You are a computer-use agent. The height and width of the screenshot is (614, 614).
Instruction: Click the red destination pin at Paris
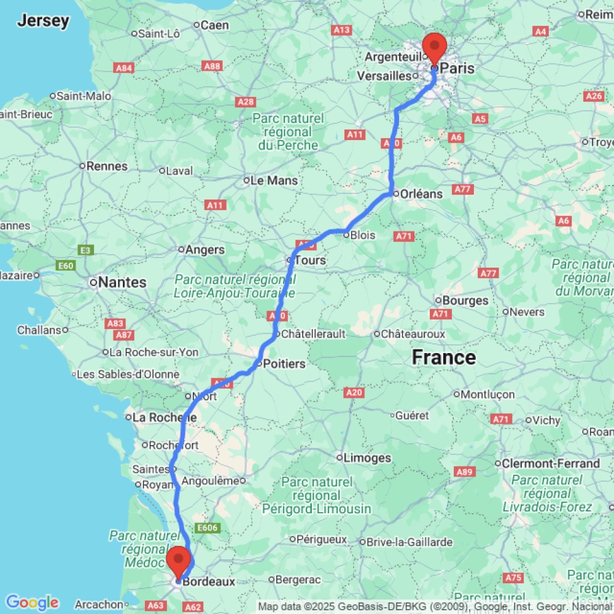[435, 46]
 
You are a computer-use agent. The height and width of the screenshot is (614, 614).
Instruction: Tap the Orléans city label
[421, 193]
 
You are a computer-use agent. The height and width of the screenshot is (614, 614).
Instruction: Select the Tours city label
[309, 260]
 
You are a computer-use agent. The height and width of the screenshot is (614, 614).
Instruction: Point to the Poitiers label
[284, 363]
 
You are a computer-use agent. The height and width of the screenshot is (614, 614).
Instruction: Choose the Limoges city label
[368, 458]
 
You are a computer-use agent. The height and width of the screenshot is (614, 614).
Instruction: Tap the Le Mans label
[274, 181]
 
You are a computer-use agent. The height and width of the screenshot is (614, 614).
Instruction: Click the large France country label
[443, 357]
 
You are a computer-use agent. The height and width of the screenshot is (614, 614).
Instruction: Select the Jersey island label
[43, 21]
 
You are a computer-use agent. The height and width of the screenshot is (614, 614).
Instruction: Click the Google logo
[31, 602]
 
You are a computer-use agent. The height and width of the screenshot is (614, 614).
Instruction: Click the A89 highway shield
[464, 472]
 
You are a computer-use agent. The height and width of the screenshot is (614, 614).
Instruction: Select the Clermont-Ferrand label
[551, 463]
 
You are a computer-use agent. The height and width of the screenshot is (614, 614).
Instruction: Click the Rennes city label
[107, 166]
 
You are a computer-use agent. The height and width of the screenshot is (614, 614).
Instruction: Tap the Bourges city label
[465, 300]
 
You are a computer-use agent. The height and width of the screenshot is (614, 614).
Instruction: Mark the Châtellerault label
[313, 334]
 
